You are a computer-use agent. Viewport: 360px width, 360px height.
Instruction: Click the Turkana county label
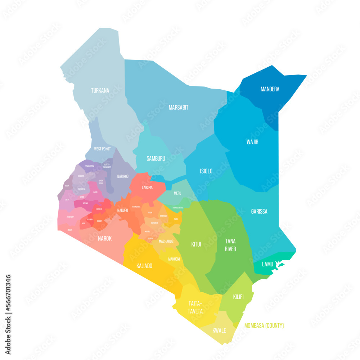[x=100, y=91]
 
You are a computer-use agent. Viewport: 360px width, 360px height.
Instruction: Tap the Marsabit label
[x=179, y=107]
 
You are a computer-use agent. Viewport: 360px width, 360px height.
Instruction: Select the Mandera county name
[x=270, y=89]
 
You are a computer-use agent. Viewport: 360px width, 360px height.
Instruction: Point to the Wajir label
[x=252, y=142]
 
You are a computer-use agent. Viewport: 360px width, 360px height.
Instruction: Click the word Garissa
[x=259, y=212]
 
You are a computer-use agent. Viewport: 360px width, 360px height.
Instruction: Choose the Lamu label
[x=267, y=264]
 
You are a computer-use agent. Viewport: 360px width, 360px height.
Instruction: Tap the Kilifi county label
[x=238, y=297]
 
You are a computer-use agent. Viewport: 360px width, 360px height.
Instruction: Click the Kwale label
[x=219, y=330]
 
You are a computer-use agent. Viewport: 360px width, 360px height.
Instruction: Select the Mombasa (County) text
[x=264, y=326]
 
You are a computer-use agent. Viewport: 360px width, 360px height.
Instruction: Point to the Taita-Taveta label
[x=195, y=307]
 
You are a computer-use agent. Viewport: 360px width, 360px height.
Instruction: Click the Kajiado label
[x=144, y=266]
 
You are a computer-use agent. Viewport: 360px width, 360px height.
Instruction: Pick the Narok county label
[x=105, y=238]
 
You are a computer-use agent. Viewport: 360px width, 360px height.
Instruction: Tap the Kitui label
[x=196, y=244]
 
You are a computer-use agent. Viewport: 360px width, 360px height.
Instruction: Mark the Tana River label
[x=230, y=245]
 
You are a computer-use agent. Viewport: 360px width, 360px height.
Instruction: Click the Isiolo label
[x=206, y=171]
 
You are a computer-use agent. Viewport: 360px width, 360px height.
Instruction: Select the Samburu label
[x=156, y=158]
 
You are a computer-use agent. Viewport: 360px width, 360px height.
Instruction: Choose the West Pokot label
[x=102, y=149]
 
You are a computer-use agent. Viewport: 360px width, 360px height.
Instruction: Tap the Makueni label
[x=174, y=259]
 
